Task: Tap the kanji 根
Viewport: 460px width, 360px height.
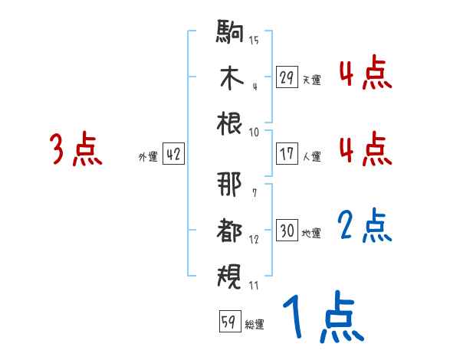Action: pyautogui.click(x=230, y=123)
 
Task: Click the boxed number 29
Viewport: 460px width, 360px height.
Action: pyautogui.click(x=287, y=77)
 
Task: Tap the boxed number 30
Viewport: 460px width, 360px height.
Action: pyautogui.click(x=287, y=231)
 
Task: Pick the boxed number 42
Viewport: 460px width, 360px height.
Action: pyautogui.click(x=173, y=155)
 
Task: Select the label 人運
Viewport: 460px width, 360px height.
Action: pyautogui.click(x=311, y=156)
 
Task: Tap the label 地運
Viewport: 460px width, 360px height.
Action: pyautogui.click(x=311, y=233)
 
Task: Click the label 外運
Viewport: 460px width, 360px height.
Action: pyautogui.click(x=147, y=157)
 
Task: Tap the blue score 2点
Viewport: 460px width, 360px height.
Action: pyautogui.click(x=365, y=225)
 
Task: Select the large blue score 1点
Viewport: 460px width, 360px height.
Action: pyautogui.click(x=322, y=318)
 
